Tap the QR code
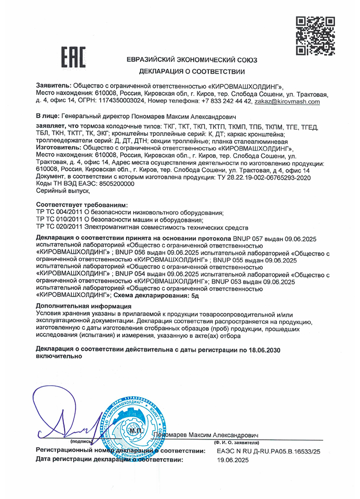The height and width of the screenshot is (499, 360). coord(316,35)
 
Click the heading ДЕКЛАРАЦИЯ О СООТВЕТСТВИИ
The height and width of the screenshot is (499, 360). coord(192,71)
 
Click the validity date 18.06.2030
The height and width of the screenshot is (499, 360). coord(260,350)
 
